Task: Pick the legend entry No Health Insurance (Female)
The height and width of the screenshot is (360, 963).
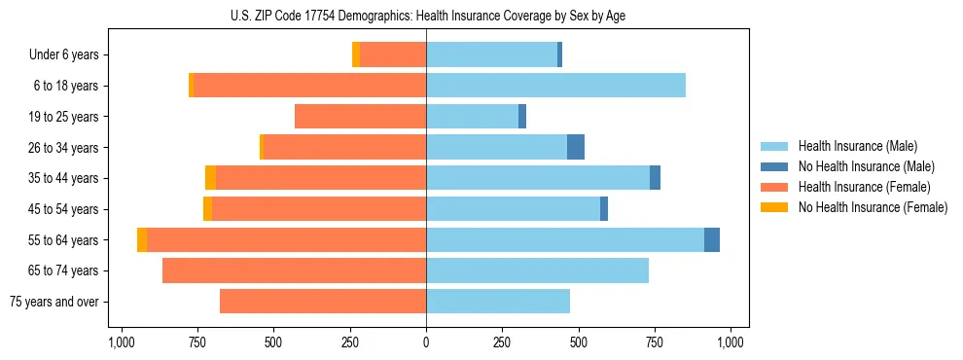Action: tap(873, 207)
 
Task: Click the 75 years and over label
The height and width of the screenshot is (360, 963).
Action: tap(53, 302)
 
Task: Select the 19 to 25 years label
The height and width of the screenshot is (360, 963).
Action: tap(65, 117)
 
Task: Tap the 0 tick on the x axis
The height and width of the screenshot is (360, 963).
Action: tap(426, 342)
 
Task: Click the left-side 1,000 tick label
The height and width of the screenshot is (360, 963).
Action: tap(121, 342)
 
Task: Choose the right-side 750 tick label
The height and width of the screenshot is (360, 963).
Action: tap(655, 342)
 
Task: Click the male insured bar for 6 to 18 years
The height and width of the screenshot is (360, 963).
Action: tap(555, 86)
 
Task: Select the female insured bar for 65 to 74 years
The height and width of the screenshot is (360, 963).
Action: tap(294, 270)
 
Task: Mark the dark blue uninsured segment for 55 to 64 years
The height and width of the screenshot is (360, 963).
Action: tap(712, 239)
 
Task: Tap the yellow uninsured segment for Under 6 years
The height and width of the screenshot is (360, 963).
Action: tap(356, 54)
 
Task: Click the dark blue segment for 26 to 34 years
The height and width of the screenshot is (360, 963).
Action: tap(576, 147)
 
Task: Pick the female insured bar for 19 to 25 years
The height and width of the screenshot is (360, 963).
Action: tap(360, 117)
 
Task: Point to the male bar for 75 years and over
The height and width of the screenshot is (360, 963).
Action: tap(498, 302)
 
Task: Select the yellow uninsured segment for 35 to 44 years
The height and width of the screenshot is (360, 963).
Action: tap(210, 178)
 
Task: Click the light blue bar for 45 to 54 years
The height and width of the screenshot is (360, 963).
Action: tap(513, 209)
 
